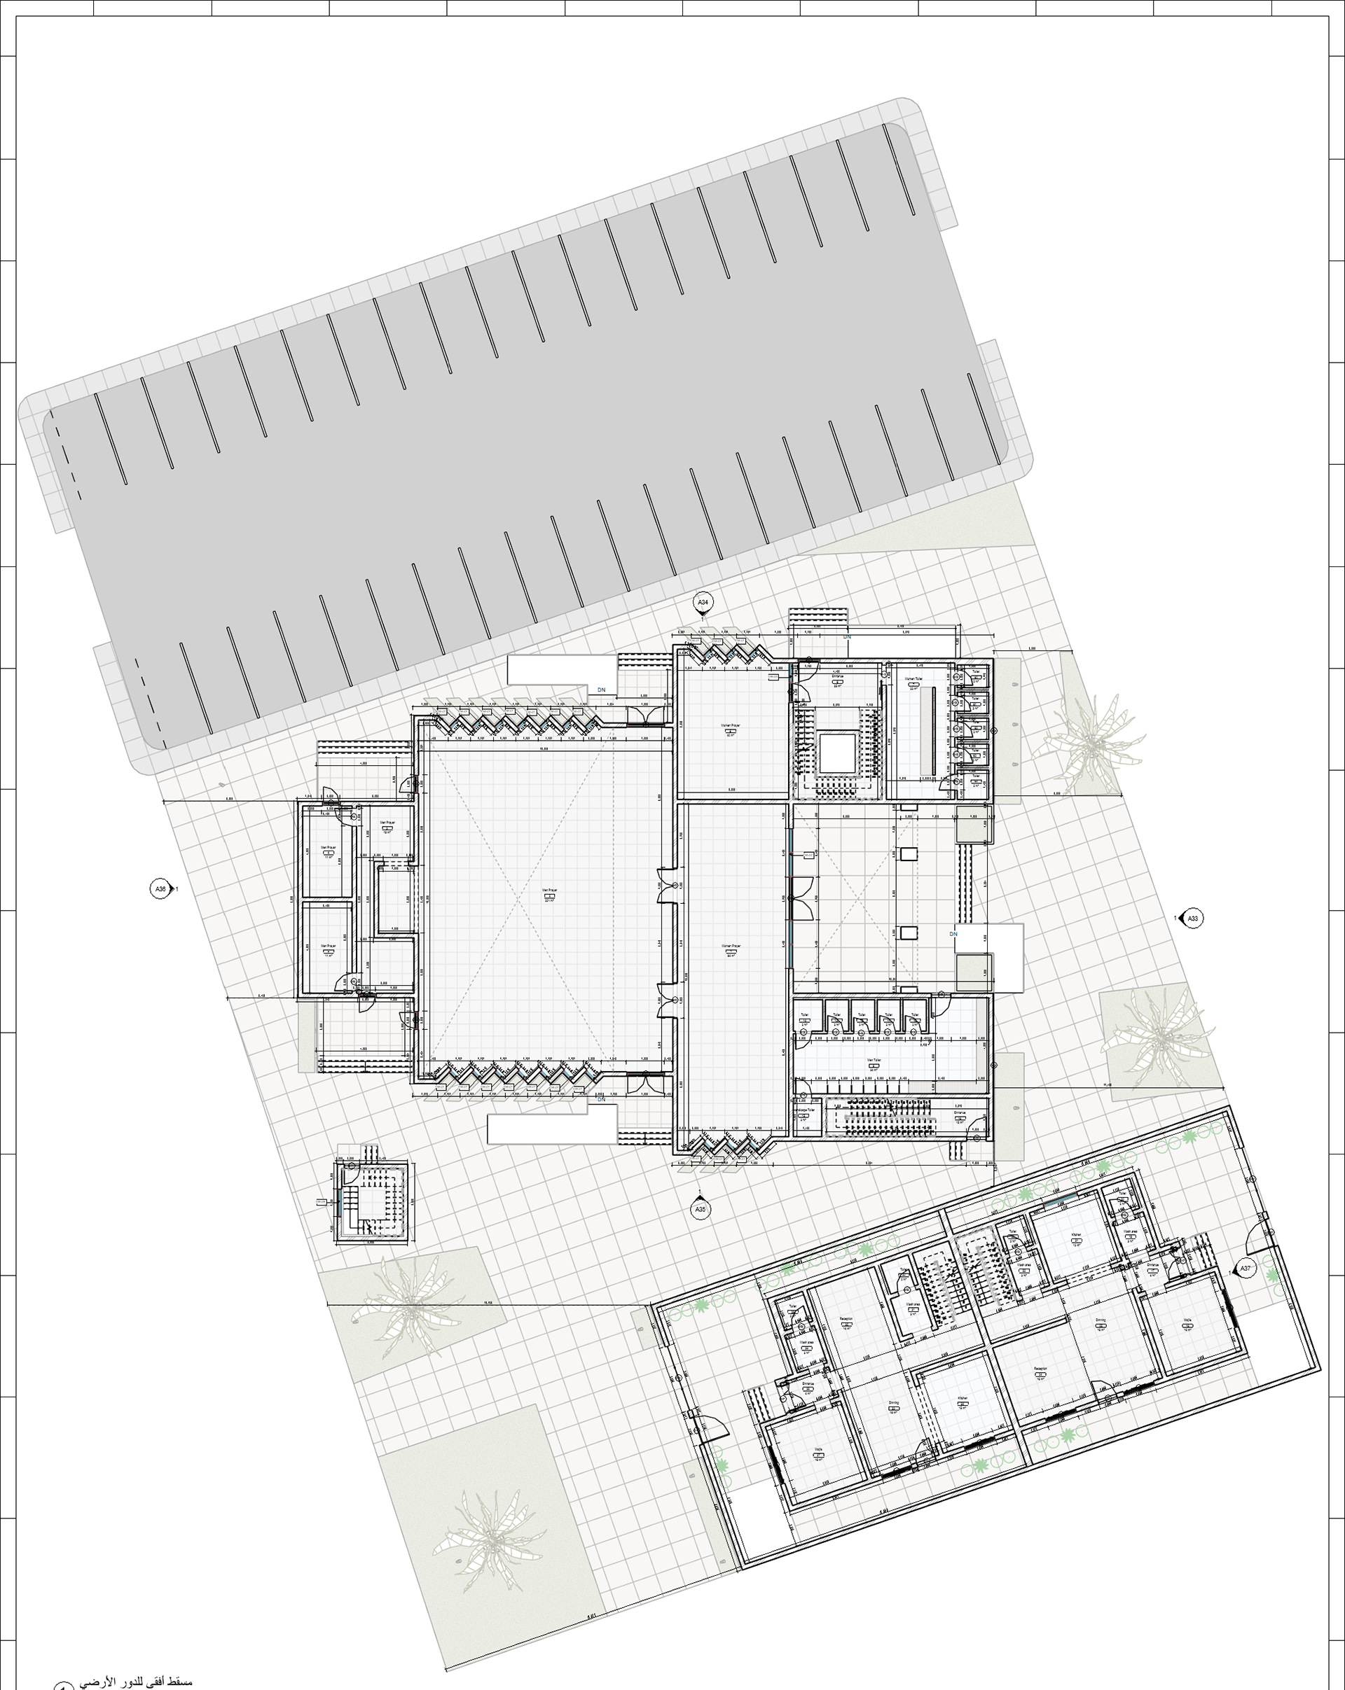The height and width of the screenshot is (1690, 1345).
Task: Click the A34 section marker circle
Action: coord(703,602)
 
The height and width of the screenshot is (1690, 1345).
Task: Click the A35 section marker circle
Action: coord(700,1210)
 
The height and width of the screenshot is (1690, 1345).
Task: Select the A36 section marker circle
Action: coord(160,889)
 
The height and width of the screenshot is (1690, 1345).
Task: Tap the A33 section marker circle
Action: coord(1192,918)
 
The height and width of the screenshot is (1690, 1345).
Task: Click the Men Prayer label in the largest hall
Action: coord(549,891)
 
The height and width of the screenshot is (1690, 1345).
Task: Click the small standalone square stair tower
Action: coord(372,1201)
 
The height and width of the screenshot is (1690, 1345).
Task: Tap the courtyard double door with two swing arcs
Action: coord(803,898)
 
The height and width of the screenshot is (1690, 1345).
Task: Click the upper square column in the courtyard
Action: coord(909,853)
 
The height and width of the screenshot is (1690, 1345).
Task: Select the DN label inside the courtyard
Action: coord(953,935)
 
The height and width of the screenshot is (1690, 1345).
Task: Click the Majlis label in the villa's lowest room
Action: coord(818,1450)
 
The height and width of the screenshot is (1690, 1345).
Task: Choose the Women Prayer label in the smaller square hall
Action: coord(730,726)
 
